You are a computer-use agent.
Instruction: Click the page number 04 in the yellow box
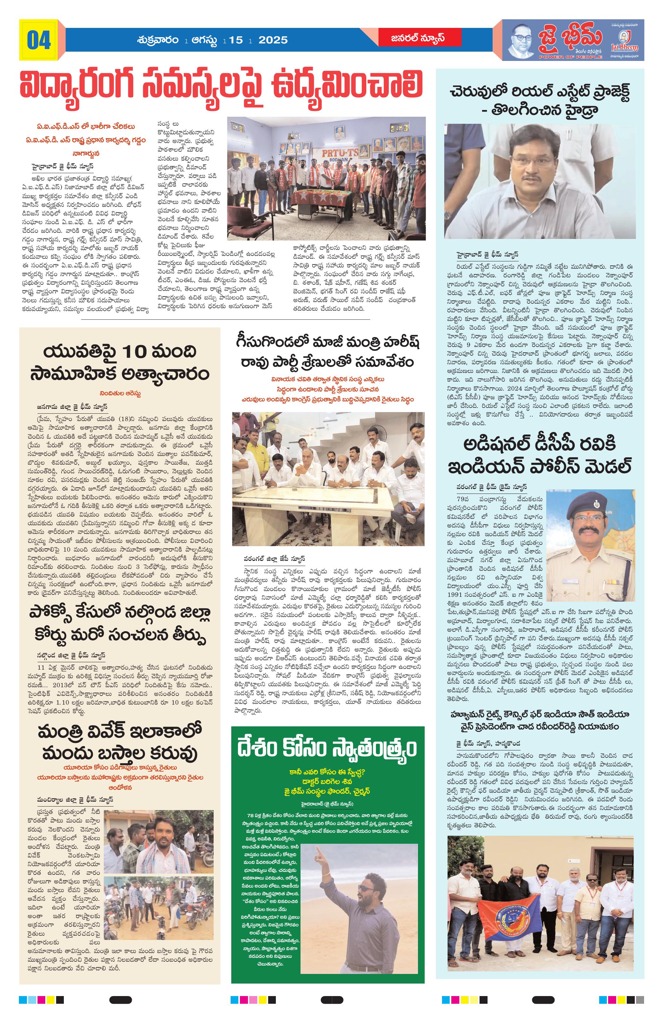[39, 40]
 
